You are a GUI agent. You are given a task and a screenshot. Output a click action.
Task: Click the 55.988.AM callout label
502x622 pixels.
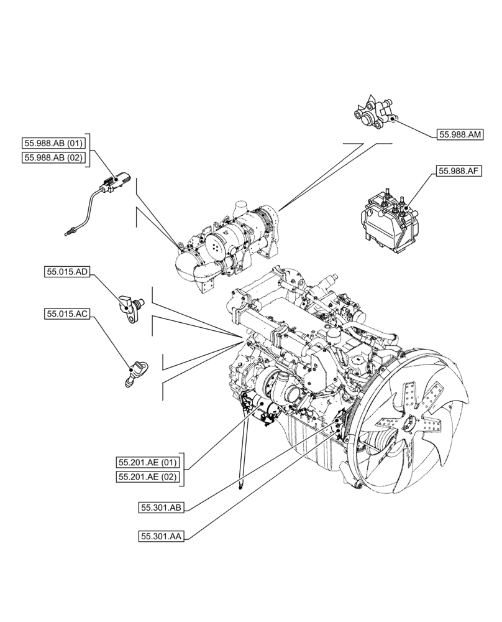461,134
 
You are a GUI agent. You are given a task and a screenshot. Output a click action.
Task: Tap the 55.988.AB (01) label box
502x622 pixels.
53,143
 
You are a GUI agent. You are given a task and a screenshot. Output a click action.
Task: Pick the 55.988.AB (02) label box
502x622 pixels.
53,158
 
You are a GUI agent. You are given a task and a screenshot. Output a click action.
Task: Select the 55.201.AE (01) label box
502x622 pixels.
148,463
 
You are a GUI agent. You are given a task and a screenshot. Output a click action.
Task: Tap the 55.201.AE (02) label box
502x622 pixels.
148,478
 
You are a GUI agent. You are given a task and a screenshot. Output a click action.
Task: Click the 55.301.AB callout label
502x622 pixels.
160,508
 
